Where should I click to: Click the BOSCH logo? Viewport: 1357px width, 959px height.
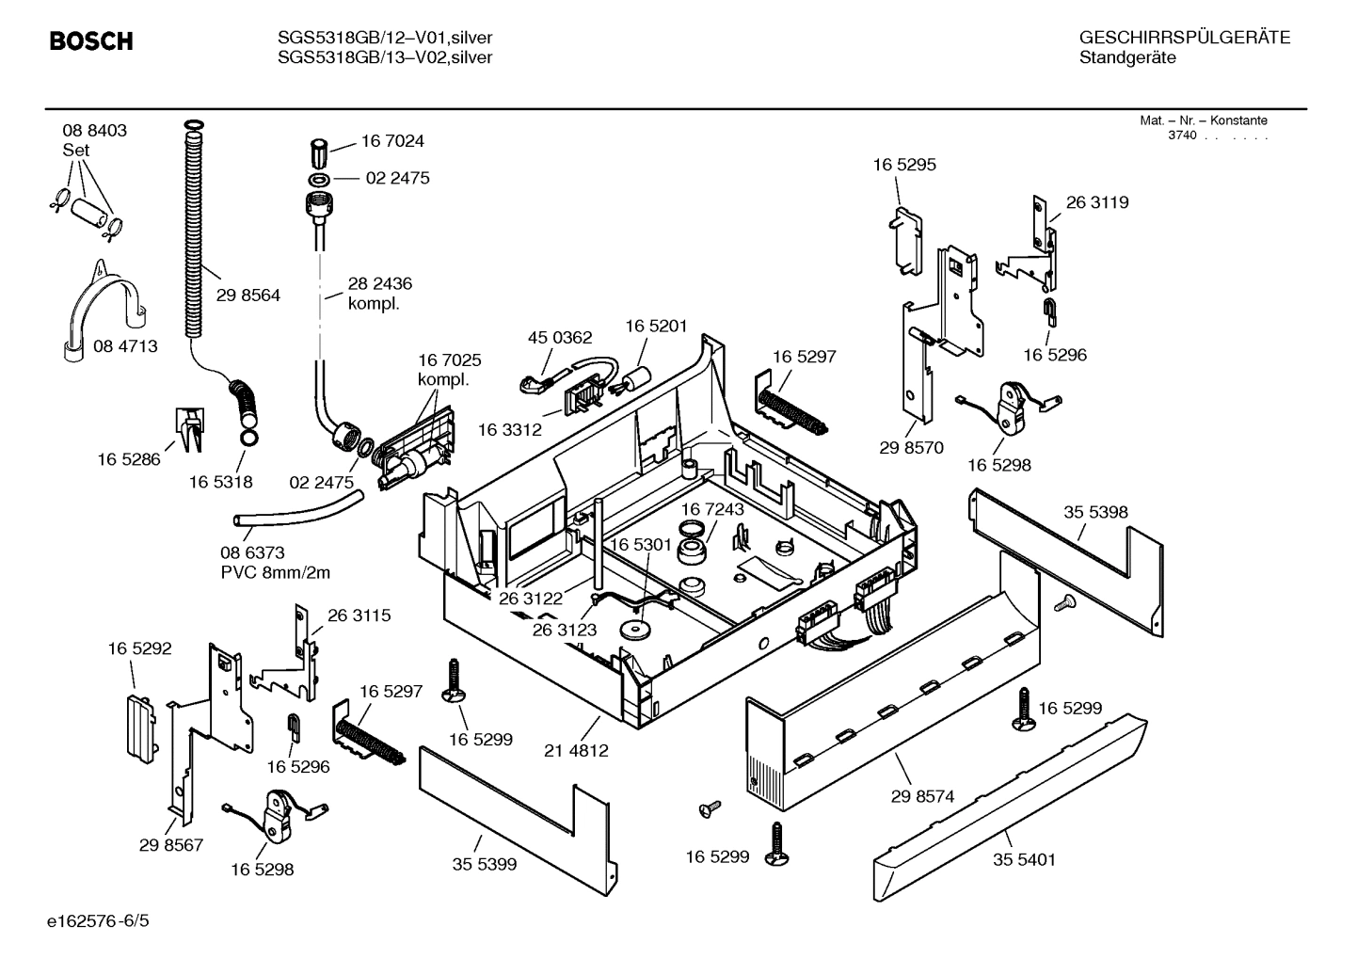point(90,41)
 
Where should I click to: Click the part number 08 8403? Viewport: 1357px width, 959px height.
point(95,131)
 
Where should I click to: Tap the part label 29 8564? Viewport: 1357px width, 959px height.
point(248,296)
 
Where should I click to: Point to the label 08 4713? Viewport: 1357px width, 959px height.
point(125,346)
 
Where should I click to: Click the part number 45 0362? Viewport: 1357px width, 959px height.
point(560,337)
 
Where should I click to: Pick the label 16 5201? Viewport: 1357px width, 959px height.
point(657,326)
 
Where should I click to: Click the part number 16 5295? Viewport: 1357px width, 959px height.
point(904,165)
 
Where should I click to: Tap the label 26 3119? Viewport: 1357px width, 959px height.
point(1097,202)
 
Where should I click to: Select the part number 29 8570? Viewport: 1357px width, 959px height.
point(911,448)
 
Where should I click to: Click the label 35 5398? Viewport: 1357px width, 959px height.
point(1095,512)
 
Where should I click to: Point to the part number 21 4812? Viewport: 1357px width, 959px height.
point(576,751)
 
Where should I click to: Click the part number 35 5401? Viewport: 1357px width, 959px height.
point(1024,860)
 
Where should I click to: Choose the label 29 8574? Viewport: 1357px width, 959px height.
point(922,796)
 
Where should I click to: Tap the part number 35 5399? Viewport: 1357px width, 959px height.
point(485,864)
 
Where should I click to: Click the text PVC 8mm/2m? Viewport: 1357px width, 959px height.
point(276,572)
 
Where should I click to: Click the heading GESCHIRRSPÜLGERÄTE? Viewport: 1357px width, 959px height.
point(1185,38)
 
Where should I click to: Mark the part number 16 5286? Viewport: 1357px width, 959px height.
point(129,459)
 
